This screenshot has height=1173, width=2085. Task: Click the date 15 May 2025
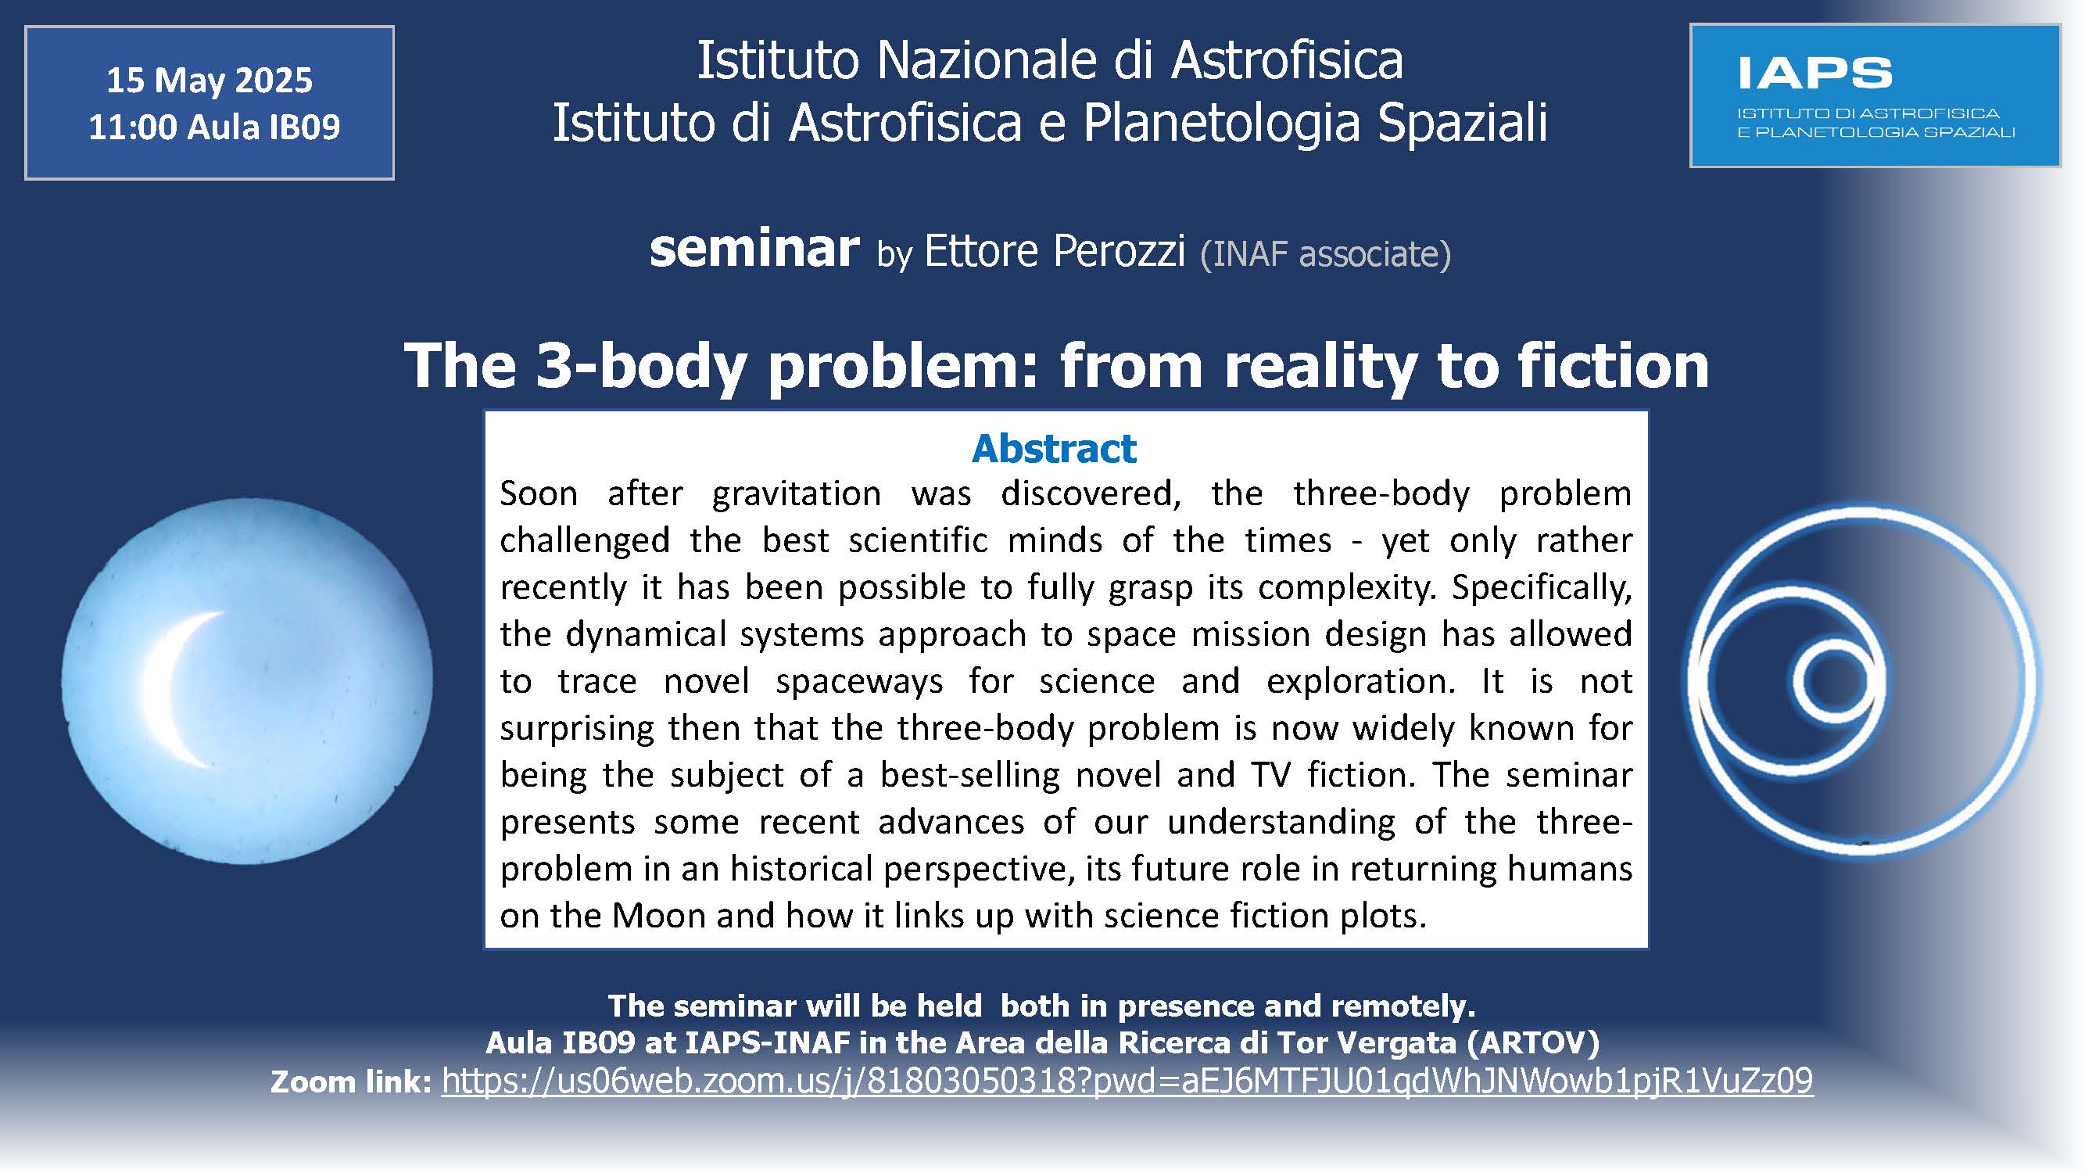(210, 80)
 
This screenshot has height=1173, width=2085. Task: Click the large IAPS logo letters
(1815, 73)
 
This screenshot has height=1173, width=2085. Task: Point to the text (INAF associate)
(1326, 254)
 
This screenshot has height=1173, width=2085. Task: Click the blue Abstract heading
(1054, 448)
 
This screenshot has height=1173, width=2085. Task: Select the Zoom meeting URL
(1127, 1081)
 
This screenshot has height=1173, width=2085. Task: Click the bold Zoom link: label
(351, 1082)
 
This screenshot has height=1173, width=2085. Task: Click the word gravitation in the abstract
(797, 493)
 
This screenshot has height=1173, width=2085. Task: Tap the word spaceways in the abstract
(858, 682)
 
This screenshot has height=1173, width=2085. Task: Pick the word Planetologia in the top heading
(1220, 122)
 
